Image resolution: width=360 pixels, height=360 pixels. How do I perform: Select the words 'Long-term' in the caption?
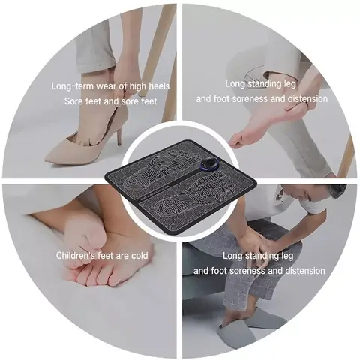(72, 86)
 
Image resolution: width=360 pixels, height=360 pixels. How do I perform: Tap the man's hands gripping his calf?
(251, 244)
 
